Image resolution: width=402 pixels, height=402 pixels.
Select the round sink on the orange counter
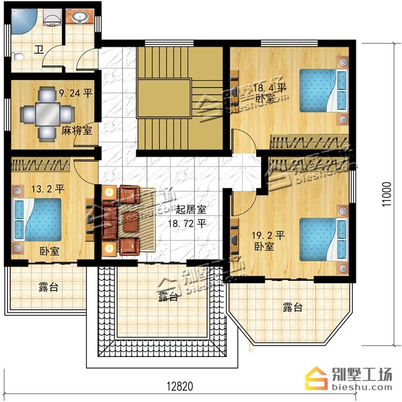click(x=80, y=18)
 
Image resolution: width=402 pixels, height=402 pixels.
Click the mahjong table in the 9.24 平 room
click(x=47, y=114)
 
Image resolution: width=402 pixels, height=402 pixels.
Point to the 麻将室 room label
click(x=77, y=130)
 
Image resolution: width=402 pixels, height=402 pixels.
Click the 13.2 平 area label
click(x=48, y=189)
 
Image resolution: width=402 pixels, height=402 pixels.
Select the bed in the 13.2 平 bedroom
click(x=37, y=220)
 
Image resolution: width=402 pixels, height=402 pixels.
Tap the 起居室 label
click(x=191, y=210)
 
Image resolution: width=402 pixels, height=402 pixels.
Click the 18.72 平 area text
click(x=187, y=224)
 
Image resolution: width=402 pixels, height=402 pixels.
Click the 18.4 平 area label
click(x=270, y=89)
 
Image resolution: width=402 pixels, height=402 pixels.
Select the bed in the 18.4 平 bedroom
click(x=324, y=90)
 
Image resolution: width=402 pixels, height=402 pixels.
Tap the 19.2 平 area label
click(x=268, y=235)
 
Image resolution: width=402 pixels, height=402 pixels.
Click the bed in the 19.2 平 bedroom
click(x=324, y=239)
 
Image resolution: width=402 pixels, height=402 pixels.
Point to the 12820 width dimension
click(x=180, y=386)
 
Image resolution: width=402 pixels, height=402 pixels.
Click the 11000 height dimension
click(x=386, y=194)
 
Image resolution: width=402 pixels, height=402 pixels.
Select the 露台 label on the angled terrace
click(x=293, y=308)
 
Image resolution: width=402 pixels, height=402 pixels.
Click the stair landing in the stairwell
click(x=165, y=98)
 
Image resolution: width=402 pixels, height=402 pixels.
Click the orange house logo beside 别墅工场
click(x=316, y=378)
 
